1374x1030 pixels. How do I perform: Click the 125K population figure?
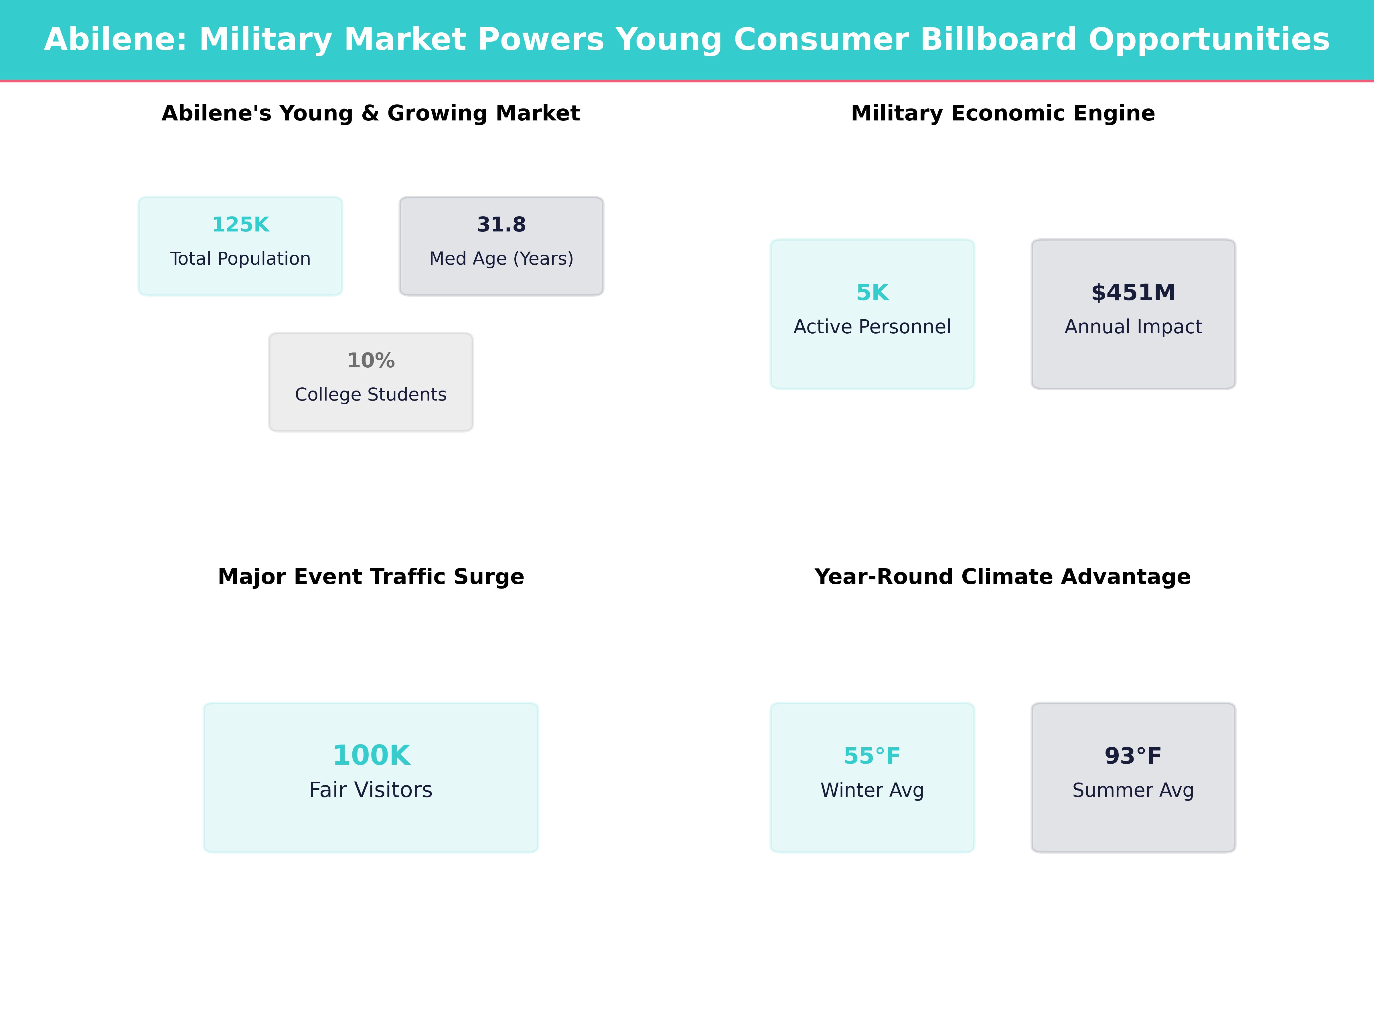point(240,225)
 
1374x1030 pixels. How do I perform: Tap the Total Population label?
point(240,259)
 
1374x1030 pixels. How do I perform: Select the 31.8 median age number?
point(501,225)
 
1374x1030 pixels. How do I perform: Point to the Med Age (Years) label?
point(501,259)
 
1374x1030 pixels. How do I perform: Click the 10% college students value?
point(371,361)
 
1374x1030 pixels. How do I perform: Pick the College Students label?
point(371,395)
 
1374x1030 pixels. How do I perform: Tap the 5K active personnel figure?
point(872,292)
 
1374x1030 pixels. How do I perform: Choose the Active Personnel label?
point(872,327)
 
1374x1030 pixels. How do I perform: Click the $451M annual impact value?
point(1133,292)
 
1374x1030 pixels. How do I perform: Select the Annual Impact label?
point(1133,327)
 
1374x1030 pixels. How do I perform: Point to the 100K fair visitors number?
point(371,756)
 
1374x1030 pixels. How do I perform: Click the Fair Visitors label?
point(371,790)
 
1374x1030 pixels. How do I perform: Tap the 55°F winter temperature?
point(872,756)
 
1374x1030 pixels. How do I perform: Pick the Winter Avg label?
point(872,790)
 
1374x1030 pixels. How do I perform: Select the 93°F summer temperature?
point(1133,756)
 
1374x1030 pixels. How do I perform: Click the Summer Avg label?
point(1133,790)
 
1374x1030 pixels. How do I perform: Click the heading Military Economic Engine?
point(1002,114)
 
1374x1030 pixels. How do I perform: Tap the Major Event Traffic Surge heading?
point(371,577)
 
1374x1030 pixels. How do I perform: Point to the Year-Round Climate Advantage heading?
point(1002,577)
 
